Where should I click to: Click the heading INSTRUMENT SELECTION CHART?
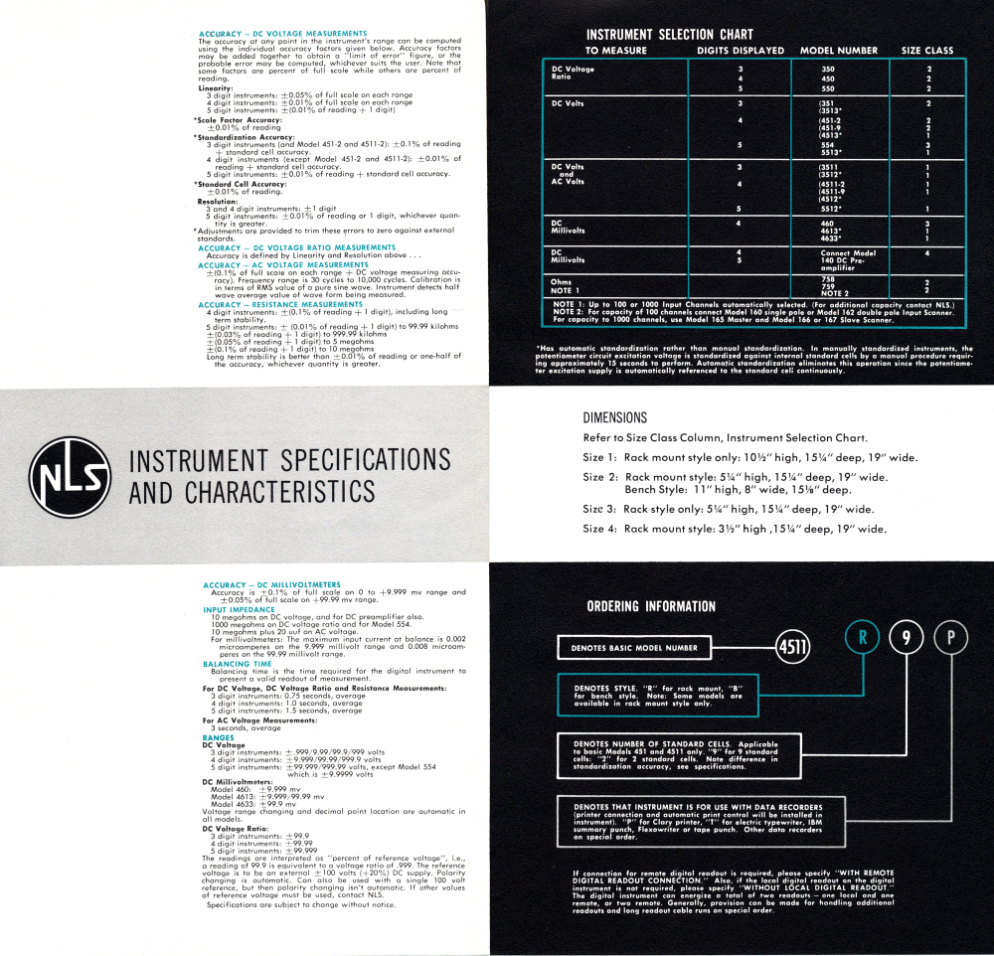[x=670, y=34]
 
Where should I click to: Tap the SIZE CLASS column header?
[x=926, y=51]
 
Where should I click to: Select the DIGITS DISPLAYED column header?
[x=741, y=51]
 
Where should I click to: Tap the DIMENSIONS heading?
[x=614, y=418]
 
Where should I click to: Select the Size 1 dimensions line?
[x=749, y=458]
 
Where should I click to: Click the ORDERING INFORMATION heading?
[x=651, y=606]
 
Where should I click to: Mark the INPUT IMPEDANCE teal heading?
[x=237, y=610]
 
